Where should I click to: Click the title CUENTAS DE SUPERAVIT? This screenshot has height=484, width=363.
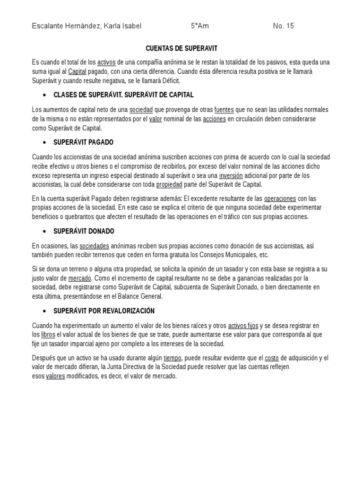[181, 48]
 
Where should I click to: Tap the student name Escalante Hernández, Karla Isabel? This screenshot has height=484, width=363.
[86, 26]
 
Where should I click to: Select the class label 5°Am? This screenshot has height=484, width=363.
[199, 26]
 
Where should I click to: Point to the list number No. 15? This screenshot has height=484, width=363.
[283, 26]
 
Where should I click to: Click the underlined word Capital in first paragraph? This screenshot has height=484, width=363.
[78, 71]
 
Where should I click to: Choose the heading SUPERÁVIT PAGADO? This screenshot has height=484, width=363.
[83, 142]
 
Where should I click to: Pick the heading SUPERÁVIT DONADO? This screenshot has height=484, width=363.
[84, 231]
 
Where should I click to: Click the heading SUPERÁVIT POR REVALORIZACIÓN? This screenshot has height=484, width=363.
[104, 311]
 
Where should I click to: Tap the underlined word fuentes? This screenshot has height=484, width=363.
[224, 110]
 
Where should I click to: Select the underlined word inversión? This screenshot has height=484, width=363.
[231, 175]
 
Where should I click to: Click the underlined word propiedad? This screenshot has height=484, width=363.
[169, 184]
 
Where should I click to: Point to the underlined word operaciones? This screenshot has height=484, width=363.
[280, 199]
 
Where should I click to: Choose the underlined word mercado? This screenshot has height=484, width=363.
[79, 278]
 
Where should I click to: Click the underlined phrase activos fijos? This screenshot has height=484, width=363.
[243, 326]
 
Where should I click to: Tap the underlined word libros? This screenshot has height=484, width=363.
[48, 335]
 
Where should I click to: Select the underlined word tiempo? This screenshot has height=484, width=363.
[172, 358]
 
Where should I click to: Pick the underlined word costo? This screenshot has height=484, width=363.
[272, 358]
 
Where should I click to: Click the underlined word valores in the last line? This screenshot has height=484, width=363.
[55, 376]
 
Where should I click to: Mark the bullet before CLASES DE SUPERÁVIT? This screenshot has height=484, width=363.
[44, 95]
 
